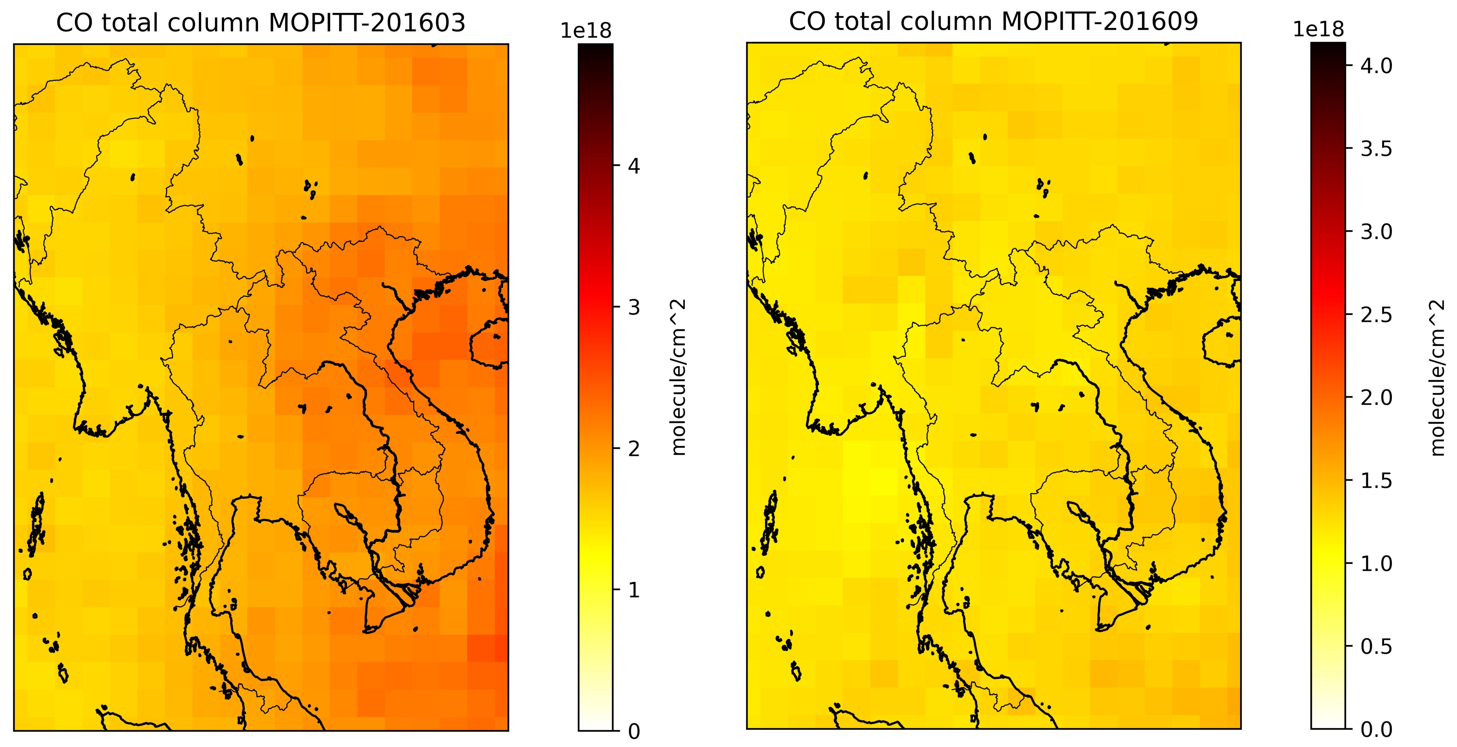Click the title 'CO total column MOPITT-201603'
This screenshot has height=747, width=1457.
pyautogui.click(x=261, y=23)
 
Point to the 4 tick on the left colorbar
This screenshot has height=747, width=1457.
pyautogui.click(x=635, y=167)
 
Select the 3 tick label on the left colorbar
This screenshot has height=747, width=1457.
pyautogui.click(x=635, y=308)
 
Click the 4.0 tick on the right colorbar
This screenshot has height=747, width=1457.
pyautogui.click(x=1376, y=66)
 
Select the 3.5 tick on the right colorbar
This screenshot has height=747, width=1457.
pyautogui.click(x=1376, y=149)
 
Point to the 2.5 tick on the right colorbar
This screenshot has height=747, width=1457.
pyautogui.click(x=1376, y=315)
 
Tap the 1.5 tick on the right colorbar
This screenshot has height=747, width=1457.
pyautogui.click(x=1376, y=481)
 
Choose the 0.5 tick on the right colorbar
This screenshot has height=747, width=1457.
pyautogui.click(x=1376, y=646)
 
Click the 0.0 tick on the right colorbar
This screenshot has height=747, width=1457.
pyautogui.click(x=1376, y=729)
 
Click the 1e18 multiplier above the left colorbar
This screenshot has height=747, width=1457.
pyautogui.click(x=586, y=32)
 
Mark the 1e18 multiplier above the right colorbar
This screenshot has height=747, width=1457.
pyautogui.click(x=1319, y=31)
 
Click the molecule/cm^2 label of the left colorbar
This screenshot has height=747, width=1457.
pyautogui.click(x=679, y=377)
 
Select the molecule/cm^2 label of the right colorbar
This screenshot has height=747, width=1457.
pyautogui.click(x=1437, y=377)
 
